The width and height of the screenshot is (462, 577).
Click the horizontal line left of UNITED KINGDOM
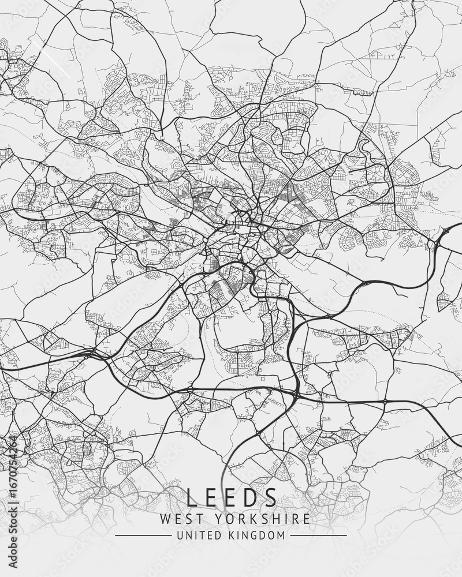click(x=143, y=535)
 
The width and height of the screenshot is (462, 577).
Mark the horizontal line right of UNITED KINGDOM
click(x=318, y=535)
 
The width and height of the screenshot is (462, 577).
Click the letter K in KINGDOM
click(x=234, y=535)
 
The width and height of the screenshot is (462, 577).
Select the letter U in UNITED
click(x=180, y=535)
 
